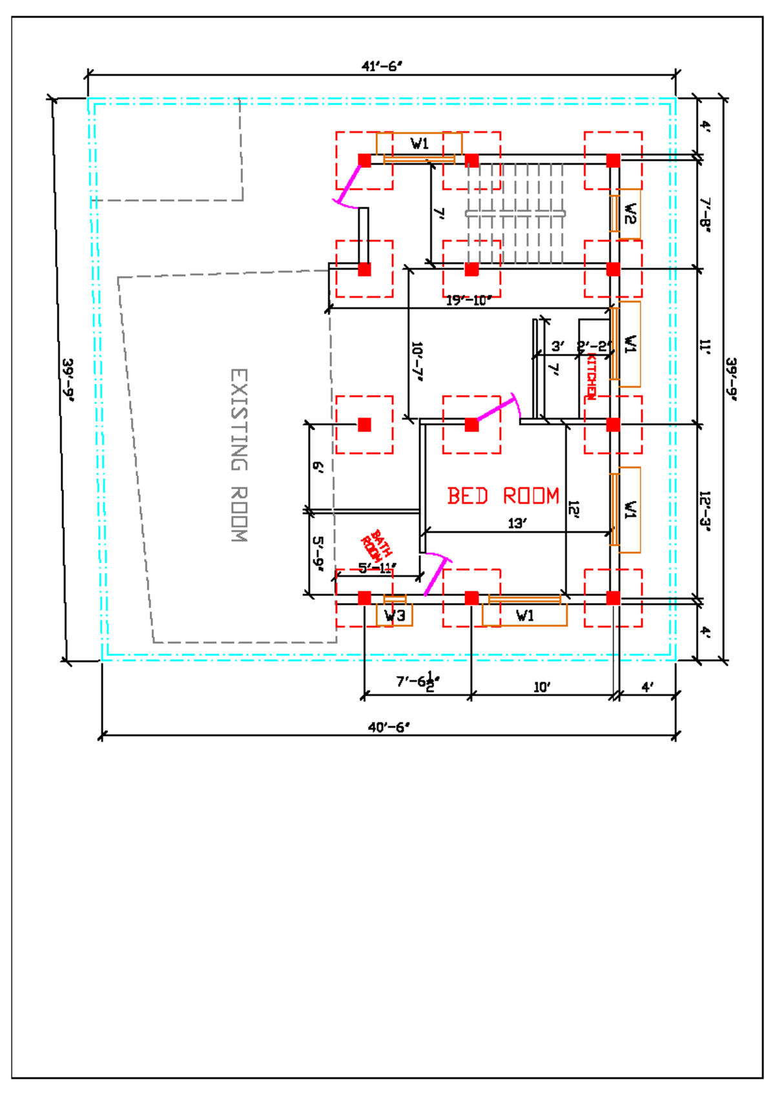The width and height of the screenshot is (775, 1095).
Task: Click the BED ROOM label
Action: click(503, 496)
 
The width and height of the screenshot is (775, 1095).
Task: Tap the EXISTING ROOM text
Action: click(239, 455)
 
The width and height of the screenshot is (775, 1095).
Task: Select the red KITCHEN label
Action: click(590, 378)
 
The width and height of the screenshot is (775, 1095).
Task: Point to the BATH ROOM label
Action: click(376, 546)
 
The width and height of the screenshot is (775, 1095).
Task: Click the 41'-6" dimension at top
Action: click(381, 67)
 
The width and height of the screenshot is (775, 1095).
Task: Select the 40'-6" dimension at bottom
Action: click(388, 728)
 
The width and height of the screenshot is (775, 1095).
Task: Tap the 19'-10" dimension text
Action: click(469, 301)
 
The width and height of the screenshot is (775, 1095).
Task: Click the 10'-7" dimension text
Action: click(417, 362)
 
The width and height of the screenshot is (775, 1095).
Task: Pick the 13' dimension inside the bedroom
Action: click(517, 524)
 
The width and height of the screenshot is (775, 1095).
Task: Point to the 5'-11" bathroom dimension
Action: click(377, 568)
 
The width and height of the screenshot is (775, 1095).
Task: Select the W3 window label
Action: click(395, 616)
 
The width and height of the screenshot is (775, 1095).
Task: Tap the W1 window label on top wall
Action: click(420, 144)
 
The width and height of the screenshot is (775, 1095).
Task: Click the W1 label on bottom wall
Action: click(525, 616)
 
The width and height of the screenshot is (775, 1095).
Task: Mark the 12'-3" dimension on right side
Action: click(705, 511)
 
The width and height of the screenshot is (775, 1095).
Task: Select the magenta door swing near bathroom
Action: click(436, 574)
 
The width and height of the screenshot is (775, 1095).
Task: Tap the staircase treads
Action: click(515, 213)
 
